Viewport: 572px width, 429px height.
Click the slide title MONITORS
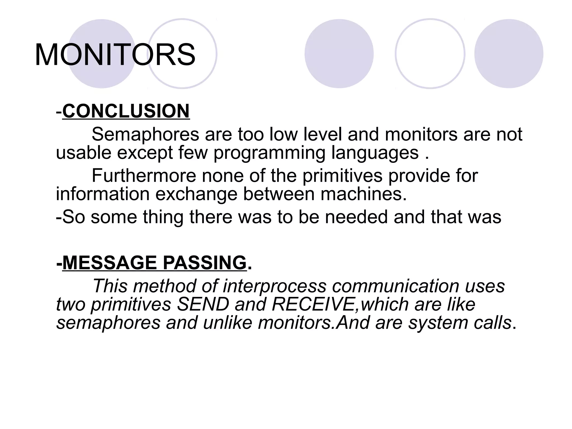tap(115, 55)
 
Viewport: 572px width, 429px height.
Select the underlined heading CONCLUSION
tap(126, 111)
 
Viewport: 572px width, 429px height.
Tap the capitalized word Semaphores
tap(145, 134)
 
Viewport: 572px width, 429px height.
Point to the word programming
tap(269, 153)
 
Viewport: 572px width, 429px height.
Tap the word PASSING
tap(204, 263)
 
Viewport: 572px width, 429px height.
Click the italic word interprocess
tap(275, 286)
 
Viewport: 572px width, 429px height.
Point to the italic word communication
tap(396, 286)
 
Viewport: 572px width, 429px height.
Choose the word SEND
tap(203, 304)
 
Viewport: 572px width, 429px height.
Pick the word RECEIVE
tap(313, 304)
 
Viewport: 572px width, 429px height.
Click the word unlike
tap(228, 323)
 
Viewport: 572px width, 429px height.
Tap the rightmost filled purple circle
tap(509, 54)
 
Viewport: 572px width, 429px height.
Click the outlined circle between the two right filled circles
tap(430, 54)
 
